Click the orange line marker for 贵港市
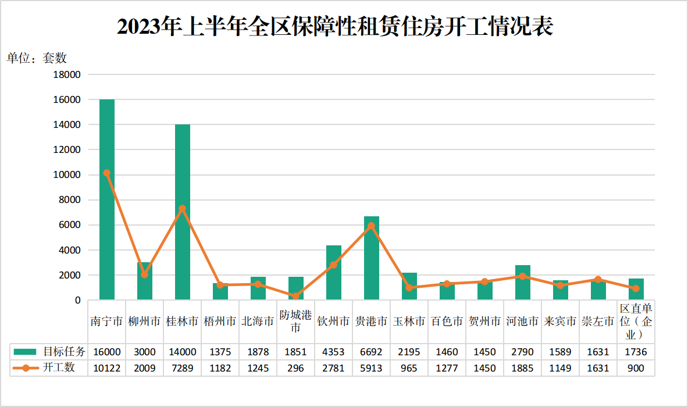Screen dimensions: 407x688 (372, 226)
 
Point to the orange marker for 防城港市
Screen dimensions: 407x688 (296, 296)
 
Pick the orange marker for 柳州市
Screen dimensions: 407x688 (145, 274)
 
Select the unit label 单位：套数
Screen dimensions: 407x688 (37, 58)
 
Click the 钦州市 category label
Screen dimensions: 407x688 (333, 322)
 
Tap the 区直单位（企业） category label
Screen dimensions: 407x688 (636, 322)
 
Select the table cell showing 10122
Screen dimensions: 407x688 (106, 368)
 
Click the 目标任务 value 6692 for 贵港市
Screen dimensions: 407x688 (371, 352)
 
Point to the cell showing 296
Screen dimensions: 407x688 (295, 368)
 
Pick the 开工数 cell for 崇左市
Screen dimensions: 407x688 (598, 368)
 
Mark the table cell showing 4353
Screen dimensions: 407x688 (333, 352)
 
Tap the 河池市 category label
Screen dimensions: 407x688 (522, 322)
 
